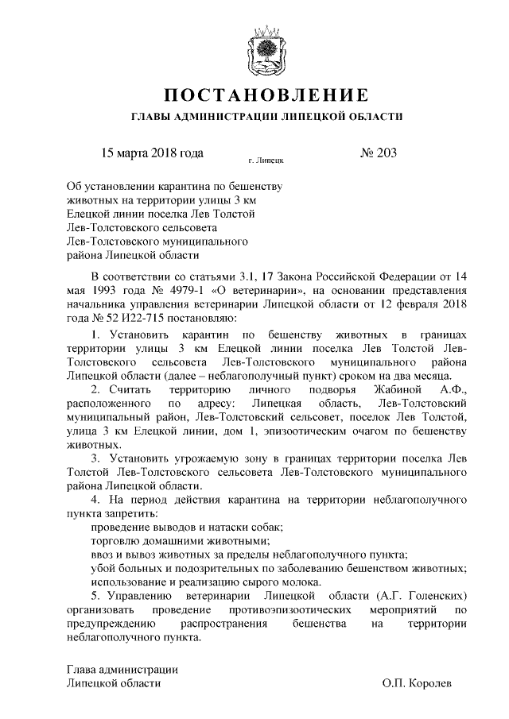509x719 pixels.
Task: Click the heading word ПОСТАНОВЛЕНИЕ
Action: [266, 96]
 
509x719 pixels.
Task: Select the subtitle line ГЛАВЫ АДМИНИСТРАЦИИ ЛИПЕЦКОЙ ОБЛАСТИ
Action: [266, 117]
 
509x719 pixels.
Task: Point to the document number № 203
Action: [379, 152]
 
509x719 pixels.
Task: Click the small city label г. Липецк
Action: [266, 160]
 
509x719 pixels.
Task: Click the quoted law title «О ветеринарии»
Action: [258, 291]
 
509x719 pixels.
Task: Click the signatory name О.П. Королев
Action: [417, 682]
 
